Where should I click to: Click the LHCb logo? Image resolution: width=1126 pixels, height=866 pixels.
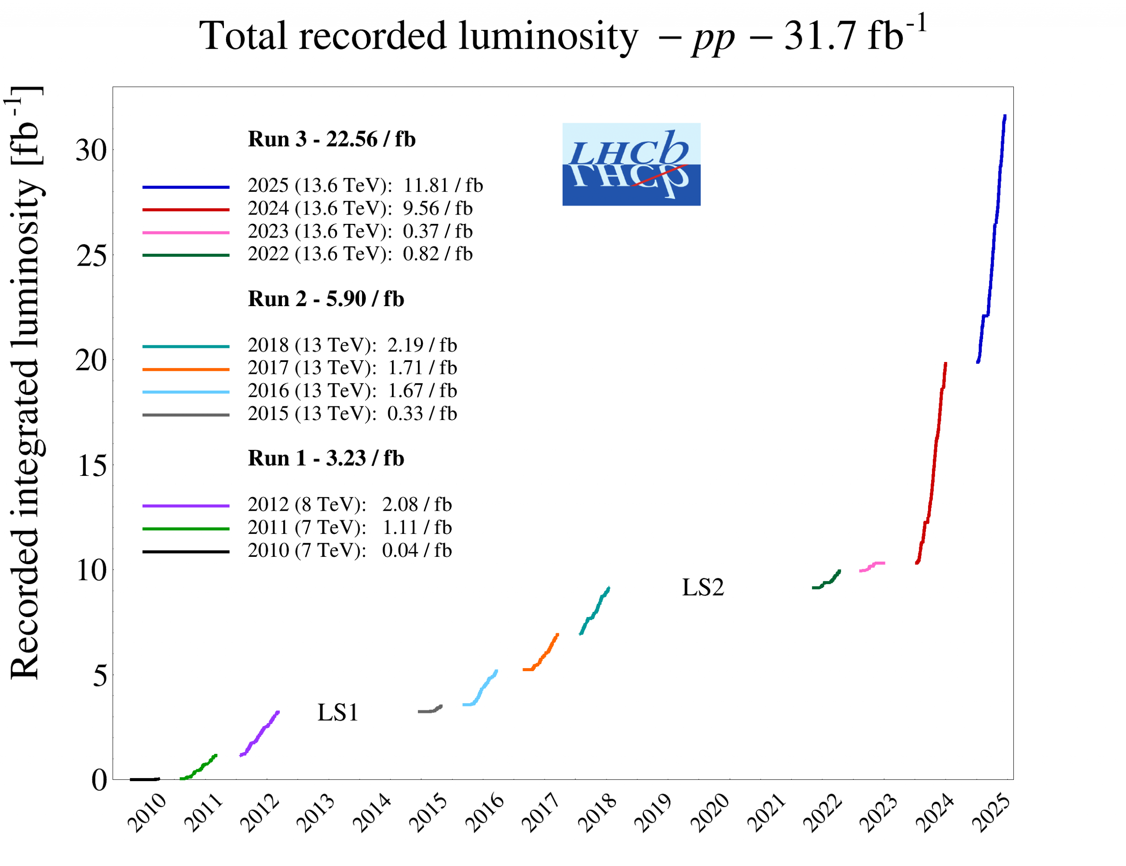click(631, 164)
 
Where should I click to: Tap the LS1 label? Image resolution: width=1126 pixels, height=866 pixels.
click(338, 713)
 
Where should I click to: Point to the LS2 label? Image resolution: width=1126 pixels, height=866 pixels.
click(703, 587)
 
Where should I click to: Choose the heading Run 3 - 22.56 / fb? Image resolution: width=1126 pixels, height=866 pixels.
click(332, 139)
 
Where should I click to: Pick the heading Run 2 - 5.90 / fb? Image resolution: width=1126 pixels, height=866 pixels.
click(326, 299)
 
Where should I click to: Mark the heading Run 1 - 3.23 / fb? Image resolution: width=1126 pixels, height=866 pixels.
click(326, 458)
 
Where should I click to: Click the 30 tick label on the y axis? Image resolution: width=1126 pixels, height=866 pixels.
click(91, 150)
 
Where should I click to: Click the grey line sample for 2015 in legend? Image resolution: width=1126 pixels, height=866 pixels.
click(186, 415)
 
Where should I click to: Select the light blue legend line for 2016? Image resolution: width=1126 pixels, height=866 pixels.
click(186, 392)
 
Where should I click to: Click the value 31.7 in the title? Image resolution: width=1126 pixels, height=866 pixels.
click(818, 36)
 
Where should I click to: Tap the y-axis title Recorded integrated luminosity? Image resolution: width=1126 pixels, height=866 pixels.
click(25, 381)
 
